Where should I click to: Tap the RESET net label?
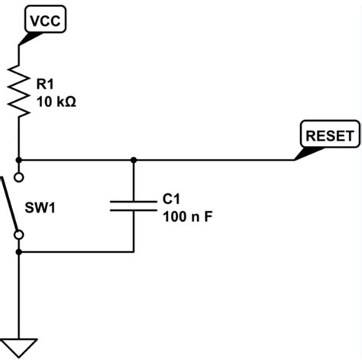(329, 136)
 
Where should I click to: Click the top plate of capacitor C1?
(134, 201)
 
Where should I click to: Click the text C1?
(171, 199)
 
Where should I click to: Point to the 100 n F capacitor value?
(187, 216)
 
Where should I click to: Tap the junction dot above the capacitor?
(134, 161)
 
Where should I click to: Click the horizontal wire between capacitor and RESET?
(214, 161)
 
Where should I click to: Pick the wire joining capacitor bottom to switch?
(76, 251)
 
